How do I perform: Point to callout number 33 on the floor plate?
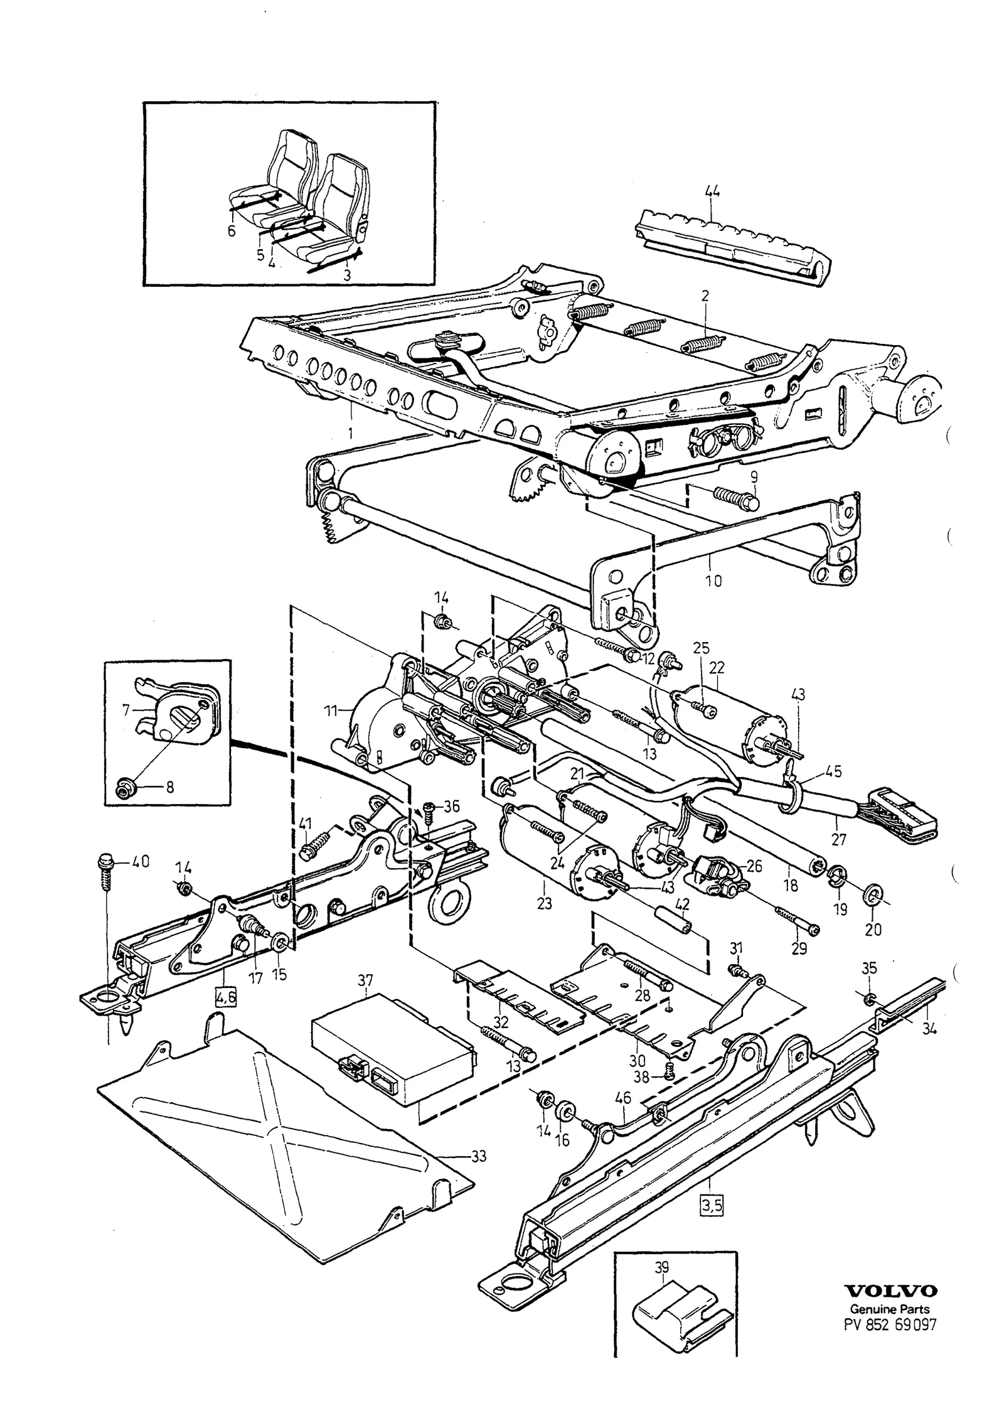pos(479,1156)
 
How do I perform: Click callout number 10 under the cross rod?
pos(713,581)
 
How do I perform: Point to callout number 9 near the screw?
pos(754,476)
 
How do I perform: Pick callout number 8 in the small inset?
pos(170,787)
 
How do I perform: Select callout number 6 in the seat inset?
pos(232,232)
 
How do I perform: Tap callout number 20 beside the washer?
pos(873,929)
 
